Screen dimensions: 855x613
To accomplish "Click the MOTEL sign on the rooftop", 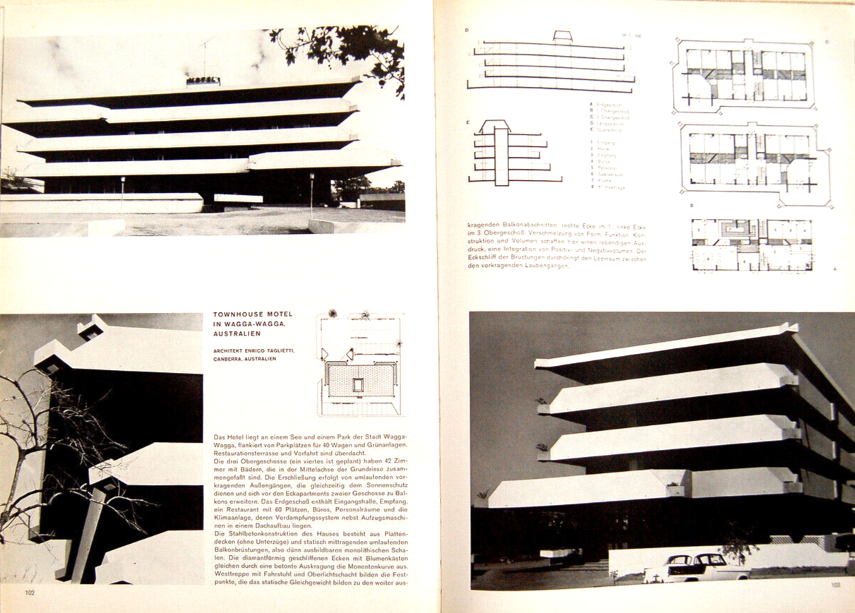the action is [203, 81].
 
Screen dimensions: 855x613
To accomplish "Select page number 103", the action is [836, 583].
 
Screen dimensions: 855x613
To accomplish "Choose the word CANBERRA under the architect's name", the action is [229, 359].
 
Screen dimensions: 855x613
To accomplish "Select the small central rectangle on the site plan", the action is [358, 385].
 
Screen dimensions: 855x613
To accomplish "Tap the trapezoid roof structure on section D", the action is [562, 37].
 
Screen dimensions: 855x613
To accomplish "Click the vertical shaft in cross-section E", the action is [501, 155].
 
